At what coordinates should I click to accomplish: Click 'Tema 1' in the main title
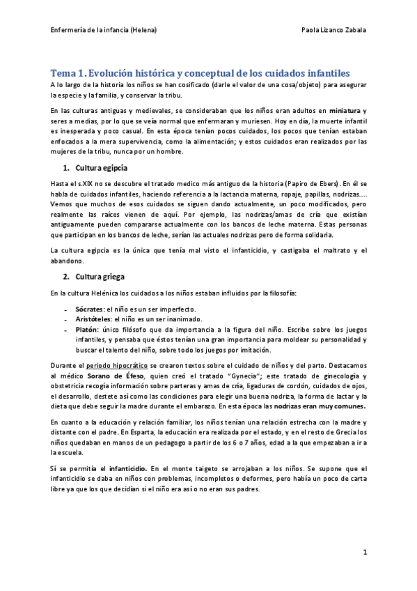pos(70,73)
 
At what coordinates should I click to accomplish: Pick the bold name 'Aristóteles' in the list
pos(92,318)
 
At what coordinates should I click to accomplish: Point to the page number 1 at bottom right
pos(364,552)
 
